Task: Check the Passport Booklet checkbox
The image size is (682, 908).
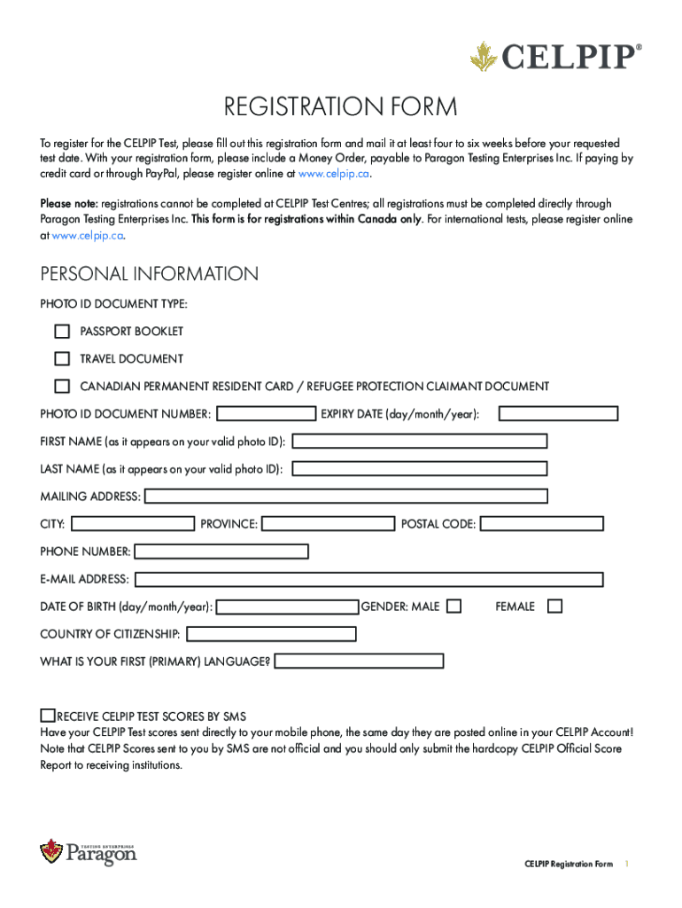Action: pos(62,332)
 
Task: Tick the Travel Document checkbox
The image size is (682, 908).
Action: pos(62,359)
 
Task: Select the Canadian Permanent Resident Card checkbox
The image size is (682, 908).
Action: pos(62,387)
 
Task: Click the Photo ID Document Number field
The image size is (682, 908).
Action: pos(267,413)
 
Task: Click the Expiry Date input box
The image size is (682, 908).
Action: pos(558,413)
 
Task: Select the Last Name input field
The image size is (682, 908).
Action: pos(420,469)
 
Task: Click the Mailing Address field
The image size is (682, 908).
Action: pos(345,497)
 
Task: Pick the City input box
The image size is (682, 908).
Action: pos(132,524)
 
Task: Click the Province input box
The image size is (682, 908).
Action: pos(329,524)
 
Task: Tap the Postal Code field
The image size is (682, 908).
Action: pos(541,524)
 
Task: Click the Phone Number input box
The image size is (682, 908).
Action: pos(221,552)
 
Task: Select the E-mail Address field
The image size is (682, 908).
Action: pos(368,580)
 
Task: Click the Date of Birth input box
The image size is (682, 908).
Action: pos(288,607)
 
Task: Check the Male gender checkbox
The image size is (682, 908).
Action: pos(453,607)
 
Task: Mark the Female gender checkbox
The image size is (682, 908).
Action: pos(554,607)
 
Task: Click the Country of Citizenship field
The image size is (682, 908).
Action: pos(272,634)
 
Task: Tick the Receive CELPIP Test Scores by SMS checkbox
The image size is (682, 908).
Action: pos(48,716)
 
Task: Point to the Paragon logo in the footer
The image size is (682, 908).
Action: pos(89,853)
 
